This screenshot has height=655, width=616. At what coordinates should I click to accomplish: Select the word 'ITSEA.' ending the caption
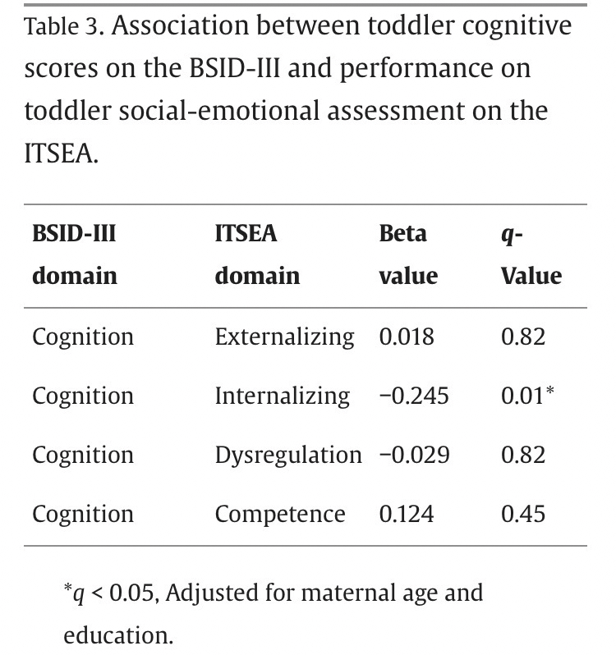point(62,153)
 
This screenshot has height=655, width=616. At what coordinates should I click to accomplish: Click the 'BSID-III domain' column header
point(74,254)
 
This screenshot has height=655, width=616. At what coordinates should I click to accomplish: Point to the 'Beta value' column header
point(408,254)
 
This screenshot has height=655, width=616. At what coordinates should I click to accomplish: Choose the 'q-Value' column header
point(531,254)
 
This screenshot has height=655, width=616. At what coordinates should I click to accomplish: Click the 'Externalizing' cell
point(284,337)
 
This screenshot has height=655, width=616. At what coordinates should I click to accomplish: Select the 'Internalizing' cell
point(282,396)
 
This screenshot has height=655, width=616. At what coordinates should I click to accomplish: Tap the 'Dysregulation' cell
point(287,455)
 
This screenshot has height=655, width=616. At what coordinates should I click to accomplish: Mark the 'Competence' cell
point(280,514)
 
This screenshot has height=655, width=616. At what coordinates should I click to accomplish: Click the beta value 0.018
point(406,337)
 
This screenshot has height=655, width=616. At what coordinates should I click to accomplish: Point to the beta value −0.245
point(414,396)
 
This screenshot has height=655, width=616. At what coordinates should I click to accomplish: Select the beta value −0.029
point(414,455)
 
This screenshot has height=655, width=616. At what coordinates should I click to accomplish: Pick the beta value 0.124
point(406,514)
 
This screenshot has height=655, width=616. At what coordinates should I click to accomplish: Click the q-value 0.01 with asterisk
point(527,396)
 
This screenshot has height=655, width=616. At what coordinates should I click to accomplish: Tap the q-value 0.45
point(522,514)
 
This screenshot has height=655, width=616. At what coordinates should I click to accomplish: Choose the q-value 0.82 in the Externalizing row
point(522,337)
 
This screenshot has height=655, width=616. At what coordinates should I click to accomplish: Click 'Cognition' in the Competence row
point(82,514)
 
